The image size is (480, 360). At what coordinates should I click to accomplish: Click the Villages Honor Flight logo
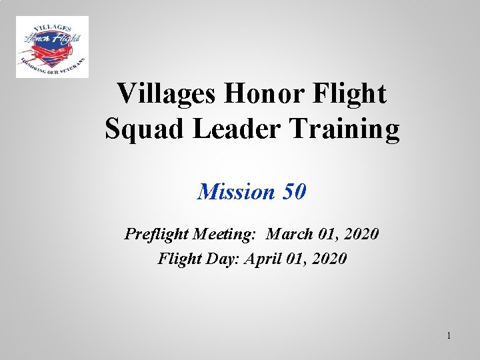52,47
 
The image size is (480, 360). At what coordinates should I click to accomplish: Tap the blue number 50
295,192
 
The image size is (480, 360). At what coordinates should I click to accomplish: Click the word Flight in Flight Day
177,258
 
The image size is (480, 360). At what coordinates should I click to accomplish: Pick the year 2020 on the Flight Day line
329,258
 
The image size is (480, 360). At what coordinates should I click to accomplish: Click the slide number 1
449,335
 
